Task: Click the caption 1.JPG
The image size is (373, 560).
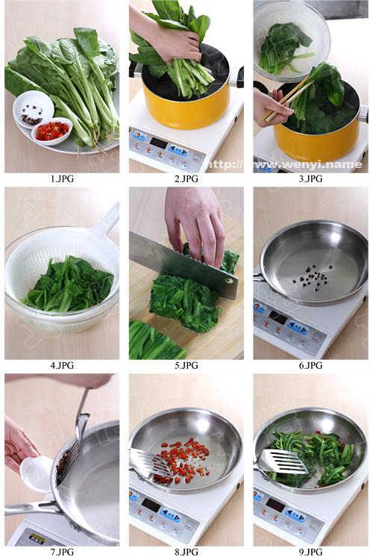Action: tap(62, 179)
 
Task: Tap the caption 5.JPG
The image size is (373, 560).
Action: tap(186, 366)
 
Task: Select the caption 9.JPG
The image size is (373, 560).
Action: tap(310, 552)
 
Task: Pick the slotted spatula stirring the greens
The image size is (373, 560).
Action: tap(282, 463)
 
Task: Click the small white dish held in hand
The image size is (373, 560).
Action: tap(36, 473)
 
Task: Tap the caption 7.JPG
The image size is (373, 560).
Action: tap(62, 552)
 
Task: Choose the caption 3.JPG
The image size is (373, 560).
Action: tap(310, 179)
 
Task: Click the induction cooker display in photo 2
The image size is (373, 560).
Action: tap(158, 142)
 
